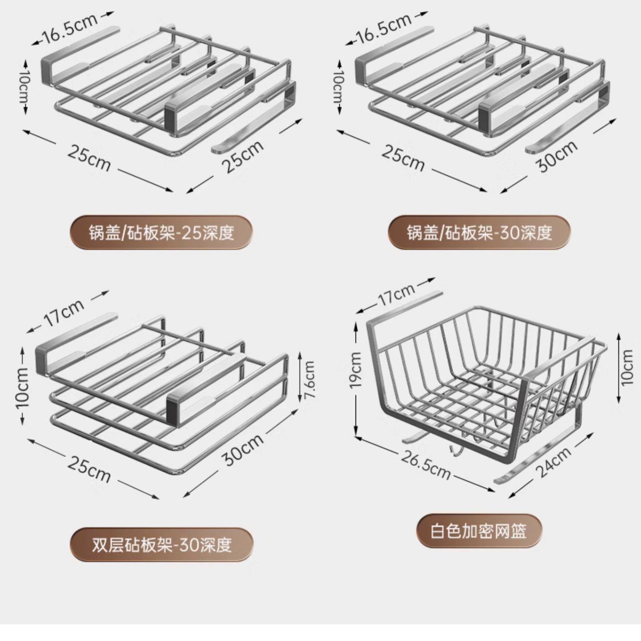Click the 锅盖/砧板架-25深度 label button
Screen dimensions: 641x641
161,233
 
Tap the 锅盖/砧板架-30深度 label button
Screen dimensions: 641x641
479,233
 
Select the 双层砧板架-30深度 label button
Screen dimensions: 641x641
162,545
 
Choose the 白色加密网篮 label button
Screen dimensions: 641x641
479,532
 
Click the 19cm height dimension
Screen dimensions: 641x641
356,370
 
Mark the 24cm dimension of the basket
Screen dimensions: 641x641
553,461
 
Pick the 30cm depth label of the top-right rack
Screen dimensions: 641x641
557,156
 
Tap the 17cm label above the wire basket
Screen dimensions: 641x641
396,294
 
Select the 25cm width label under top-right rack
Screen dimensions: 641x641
403,158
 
